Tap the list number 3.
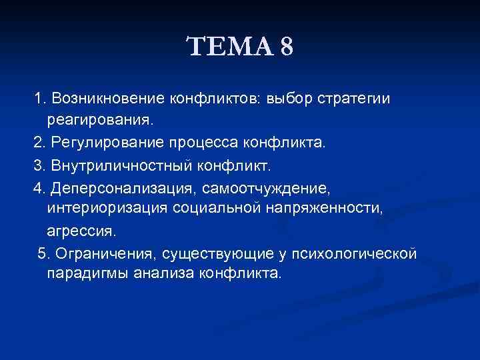(37, 165)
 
